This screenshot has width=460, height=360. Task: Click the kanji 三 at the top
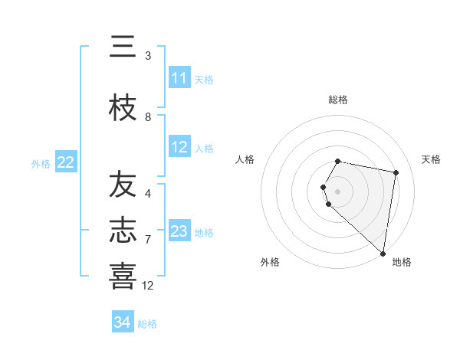(123, 47)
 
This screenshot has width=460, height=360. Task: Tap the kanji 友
(123, 185)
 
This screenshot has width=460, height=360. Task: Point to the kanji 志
(123, 231)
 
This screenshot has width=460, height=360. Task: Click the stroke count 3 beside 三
(148, 56)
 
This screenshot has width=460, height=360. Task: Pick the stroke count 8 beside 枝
(148, 117)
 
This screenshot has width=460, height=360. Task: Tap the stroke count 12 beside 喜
(148, 285)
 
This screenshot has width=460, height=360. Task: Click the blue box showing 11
(179, 78)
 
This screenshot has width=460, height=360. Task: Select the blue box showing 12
(179, 147)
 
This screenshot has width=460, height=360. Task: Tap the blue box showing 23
(179, 231)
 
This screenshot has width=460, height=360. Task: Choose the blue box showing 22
(65, 162)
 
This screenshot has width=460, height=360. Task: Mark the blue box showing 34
(122, 322)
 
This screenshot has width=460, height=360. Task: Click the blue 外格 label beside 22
(41, 163)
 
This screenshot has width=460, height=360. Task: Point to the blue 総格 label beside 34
(147, 324)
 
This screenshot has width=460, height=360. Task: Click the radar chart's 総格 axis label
(338, 100)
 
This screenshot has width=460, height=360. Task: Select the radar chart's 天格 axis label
(431, 159)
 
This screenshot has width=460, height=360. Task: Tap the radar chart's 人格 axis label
(245, 159)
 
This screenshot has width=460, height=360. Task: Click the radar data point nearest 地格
(382, 253)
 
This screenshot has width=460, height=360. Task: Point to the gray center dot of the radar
(338, 191)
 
